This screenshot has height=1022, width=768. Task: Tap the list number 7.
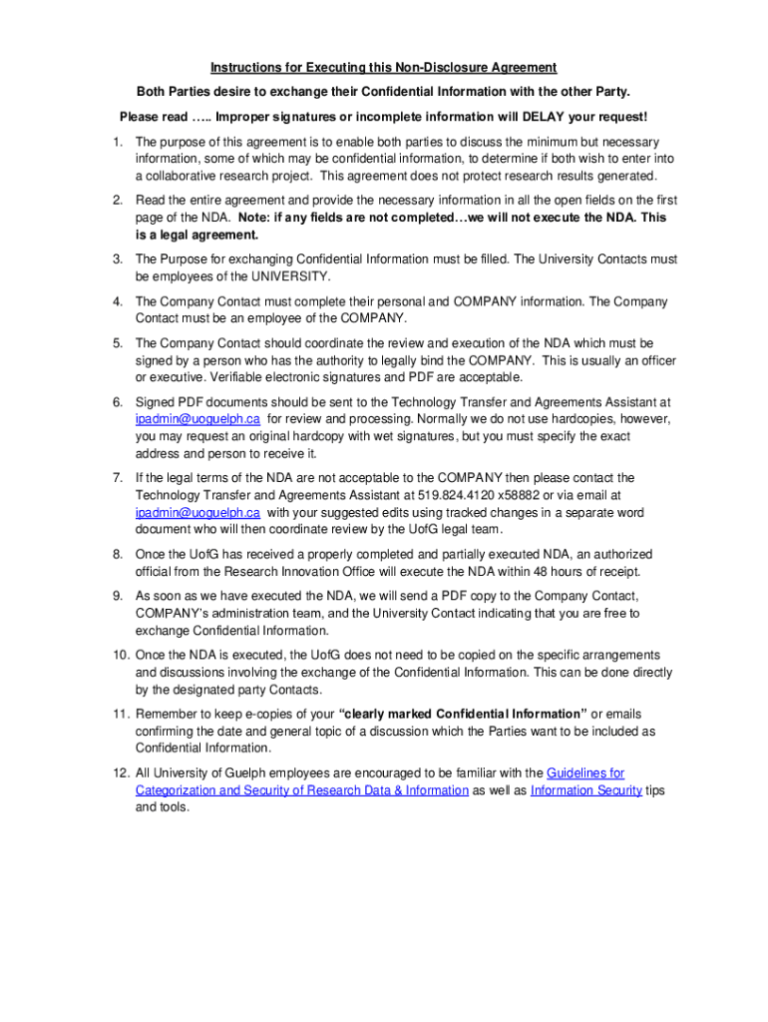coord(118,478)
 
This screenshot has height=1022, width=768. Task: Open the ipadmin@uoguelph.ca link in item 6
coord(197,419)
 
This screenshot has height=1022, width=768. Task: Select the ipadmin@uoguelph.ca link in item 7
coord(197,513)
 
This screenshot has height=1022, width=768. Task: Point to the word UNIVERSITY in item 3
coord(293,276)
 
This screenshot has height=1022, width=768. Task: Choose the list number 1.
coord(118,142)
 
